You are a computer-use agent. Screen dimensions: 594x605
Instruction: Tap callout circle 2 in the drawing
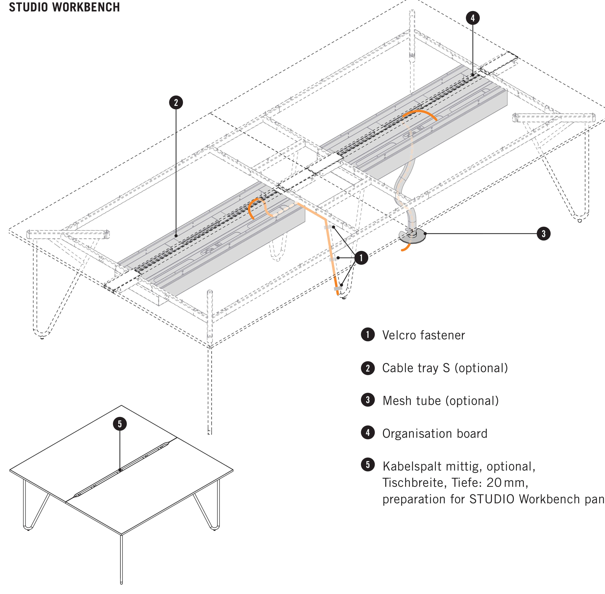(x=176, y=103)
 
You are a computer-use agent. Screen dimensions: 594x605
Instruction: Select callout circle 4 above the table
(x=473, y=18)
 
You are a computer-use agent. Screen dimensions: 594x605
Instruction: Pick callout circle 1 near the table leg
(x=361, y=258)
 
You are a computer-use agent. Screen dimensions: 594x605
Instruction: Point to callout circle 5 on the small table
(x=120, y=424)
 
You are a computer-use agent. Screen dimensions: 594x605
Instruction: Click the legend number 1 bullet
(x=368, y=335)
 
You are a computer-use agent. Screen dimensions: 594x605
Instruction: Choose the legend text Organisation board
(x=435, y=434)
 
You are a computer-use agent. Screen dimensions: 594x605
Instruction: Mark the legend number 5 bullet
(x=368, y=465)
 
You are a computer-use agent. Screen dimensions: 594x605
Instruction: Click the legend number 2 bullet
(x=368, y=368)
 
